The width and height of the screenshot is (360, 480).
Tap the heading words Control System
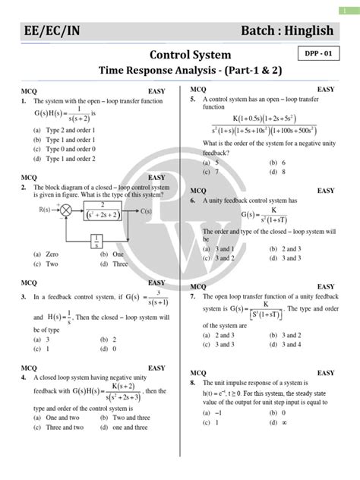(179, 55)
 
